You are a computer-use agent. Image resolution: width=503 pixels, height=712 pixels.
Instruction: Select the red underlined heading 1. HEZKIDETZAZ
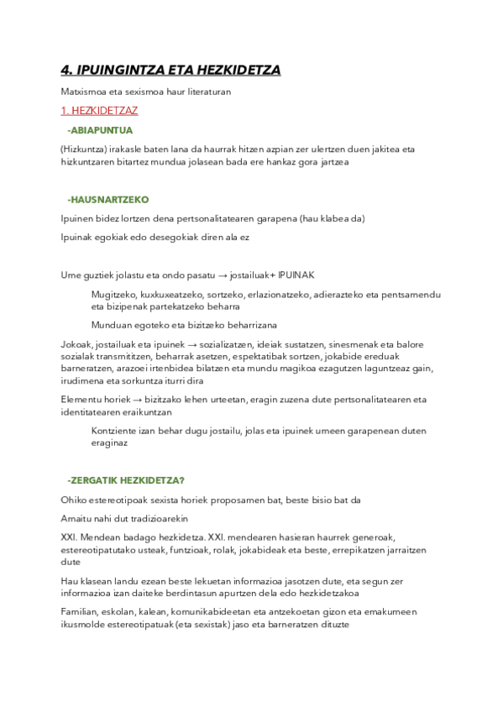click(99, 110)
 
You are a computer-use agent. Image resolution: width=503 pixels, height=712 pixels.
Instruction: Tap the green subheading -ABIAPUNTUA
click(100, 130)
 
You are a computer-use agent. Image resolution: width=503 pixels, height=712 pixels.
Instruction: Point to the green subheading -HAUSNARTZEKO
click(107, 200)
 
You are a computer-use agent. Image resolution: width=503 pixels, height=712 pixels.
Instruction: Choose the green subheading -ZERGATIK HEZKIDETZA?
click(126, 480)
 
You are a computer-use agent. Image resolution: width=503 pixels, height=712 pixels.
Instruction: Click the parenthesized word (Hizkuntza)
click(82, 149)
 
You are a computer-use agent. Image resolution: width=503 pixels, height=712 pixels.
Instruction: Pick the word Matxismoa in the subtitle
click(82, 92)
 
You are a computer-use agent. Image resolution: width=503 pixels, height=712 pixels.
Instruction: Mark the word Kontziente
click(113, 431)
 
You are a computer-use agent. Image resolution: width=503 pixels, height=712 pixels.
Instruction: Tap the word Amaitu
click(77, 517)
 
